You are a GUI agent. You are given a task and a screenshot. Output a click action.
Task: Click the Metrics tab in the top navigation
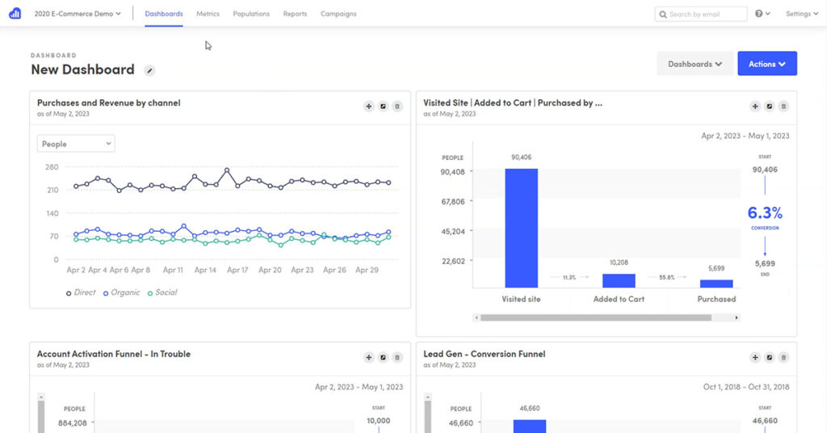coord(208,14)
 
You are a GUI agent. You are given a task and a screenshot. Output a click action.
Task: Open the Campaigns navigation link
coord(338,14)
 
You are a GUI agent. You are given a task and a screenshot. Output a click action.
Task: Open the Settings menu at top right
coord(802,14)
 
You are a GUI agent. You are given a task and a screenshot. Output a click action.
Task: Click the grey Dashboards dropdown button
coord(695,64)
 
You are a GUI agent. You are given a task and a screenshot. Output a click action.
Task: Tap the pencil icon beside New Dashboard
coord(149,71)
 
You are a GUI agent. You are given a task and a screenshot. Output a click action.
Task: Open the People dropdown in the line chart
coord(76,144)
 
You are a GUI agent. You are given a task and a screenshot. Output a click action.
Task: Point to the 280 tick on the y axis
coord(52,167)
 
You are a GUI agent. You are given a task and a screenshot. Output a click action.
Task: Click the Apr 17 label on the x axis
coord(237,271)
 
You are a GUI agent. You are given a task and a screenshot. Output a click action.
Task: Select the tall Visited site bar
coord(521,228)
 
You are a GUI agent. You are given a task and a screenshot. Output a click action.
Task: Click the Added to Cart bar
coord(619,280)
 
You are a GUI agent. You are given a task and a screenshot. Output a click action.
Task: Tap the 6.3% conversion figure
coord(765,213)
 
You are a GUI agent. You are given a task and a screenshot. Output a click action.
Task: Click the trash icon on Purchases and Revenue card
coord(397,106)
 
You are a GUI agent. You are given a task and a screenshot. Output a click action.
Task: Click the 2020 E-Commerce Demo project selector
coord(78,14)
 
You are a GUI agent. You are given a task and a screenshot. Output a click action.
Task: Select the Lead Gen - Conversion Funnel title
coord(484,354)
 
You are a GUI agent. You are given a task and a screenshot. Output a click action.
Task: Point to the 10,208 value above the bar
coord(619,263)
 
